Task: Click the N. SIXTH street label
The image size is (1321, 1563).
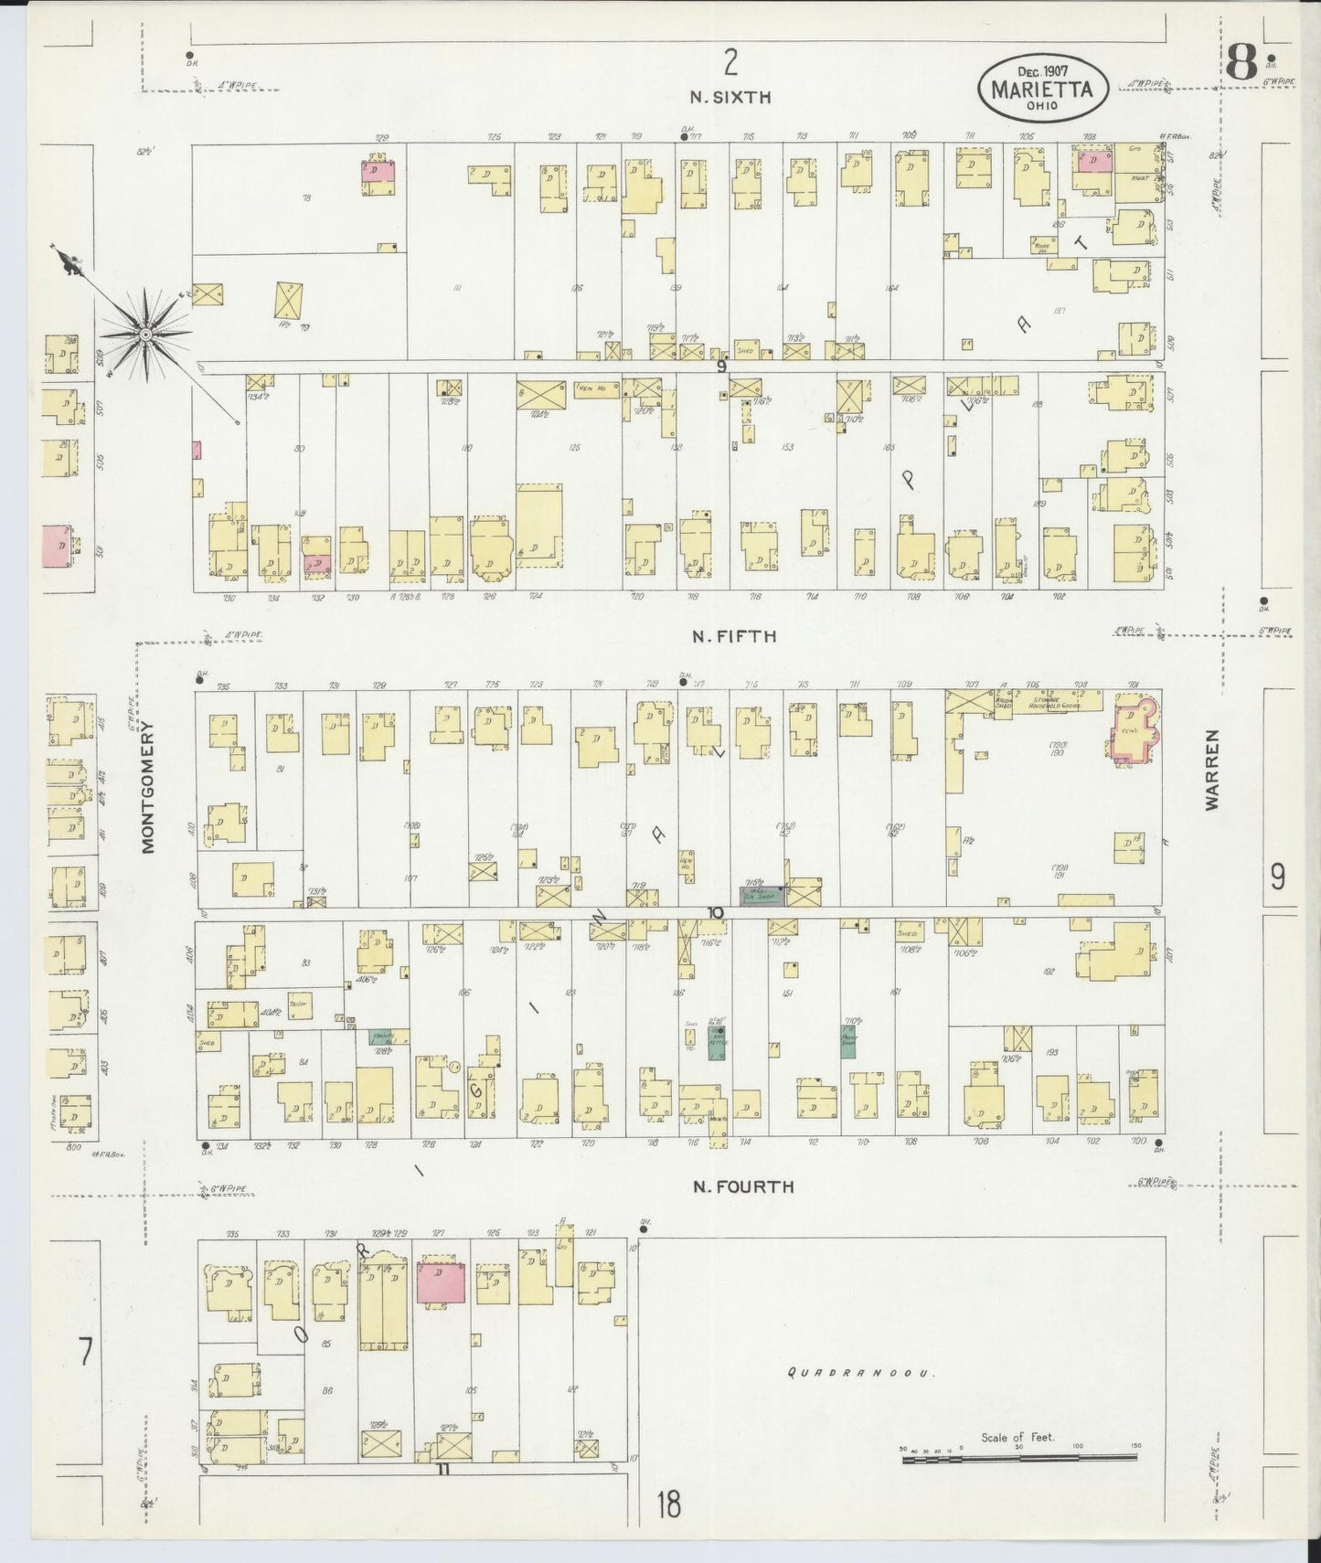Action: pyautogui.click(x=730, y=96)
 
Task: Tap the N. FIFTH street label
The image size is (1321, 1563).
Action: pyautogui.click(x=734, y=636)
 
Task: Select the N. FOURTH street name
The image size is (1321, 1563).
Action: pyautogui.click(x=742, y=1186)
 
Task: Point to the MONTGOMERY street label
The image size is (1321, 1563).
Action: pyautogui.click(x=148, y=786)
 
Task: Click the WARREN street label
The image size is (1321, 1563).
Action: pyautogui.click(x=1212, y=770)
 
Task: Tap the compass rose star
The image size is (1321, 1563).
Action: pyautogui.click(x=144, y=335)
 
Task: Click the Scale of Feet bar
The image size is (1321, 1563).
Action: pyautogui.click(x=1017, y=1460)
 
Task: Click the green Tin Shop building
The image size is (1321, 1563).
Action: pyautogui.click(x=761, y=896)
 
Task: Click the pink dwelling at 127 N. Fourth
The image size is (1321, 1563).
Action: pyautogui.click(x=441, y=1283)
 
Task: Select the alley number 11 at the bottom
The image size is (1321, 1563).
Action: pyautogui.click(x=443, y=1470)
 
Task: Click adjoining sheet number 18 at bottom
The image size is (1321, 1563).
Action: pyautogui.click(x=668, y=1505)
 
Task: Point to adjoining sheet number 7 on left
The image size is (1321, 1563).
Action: pyautogui.click(x=85, y=1353)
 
